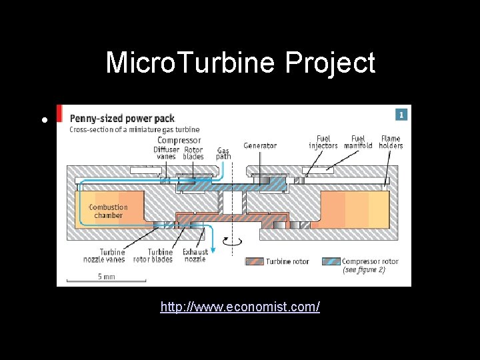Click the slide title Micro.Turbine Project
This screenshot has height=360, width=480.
point(240,63)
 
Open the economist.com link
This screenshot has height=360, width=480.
point(240,307)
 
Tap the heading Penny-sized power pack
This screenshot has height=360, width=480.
point(122,118)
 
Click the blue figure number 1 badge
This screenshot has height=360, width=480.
point(401,115)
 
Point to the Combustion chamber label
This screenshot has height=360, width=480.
point(109,211)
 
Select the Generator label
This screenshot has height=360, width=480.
point(260,145)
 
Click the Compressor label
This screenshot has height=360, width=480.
point(179,140)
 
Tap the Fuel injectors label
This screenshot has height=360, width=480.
point(323,142)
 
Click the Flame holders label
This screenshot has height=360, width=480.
point(391,142)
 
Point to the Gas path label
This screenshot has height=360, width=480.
point(223,153)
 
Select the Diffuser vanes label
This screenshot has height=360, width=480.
point(165,153)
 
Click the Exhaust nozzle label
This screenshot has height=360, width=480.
point(195,255)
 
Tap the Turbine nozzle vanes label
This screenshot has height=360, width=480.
point(113,255)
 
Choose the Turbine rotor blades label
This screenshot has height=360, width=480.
point(153,255)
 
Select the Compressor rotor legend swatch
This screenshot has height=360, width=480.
point(331,261)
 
